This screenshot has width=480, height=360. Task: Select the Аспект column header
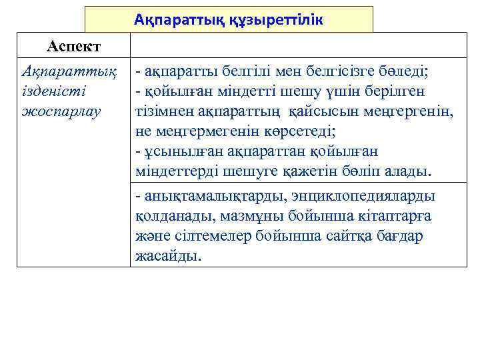[x=73, y=46]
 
